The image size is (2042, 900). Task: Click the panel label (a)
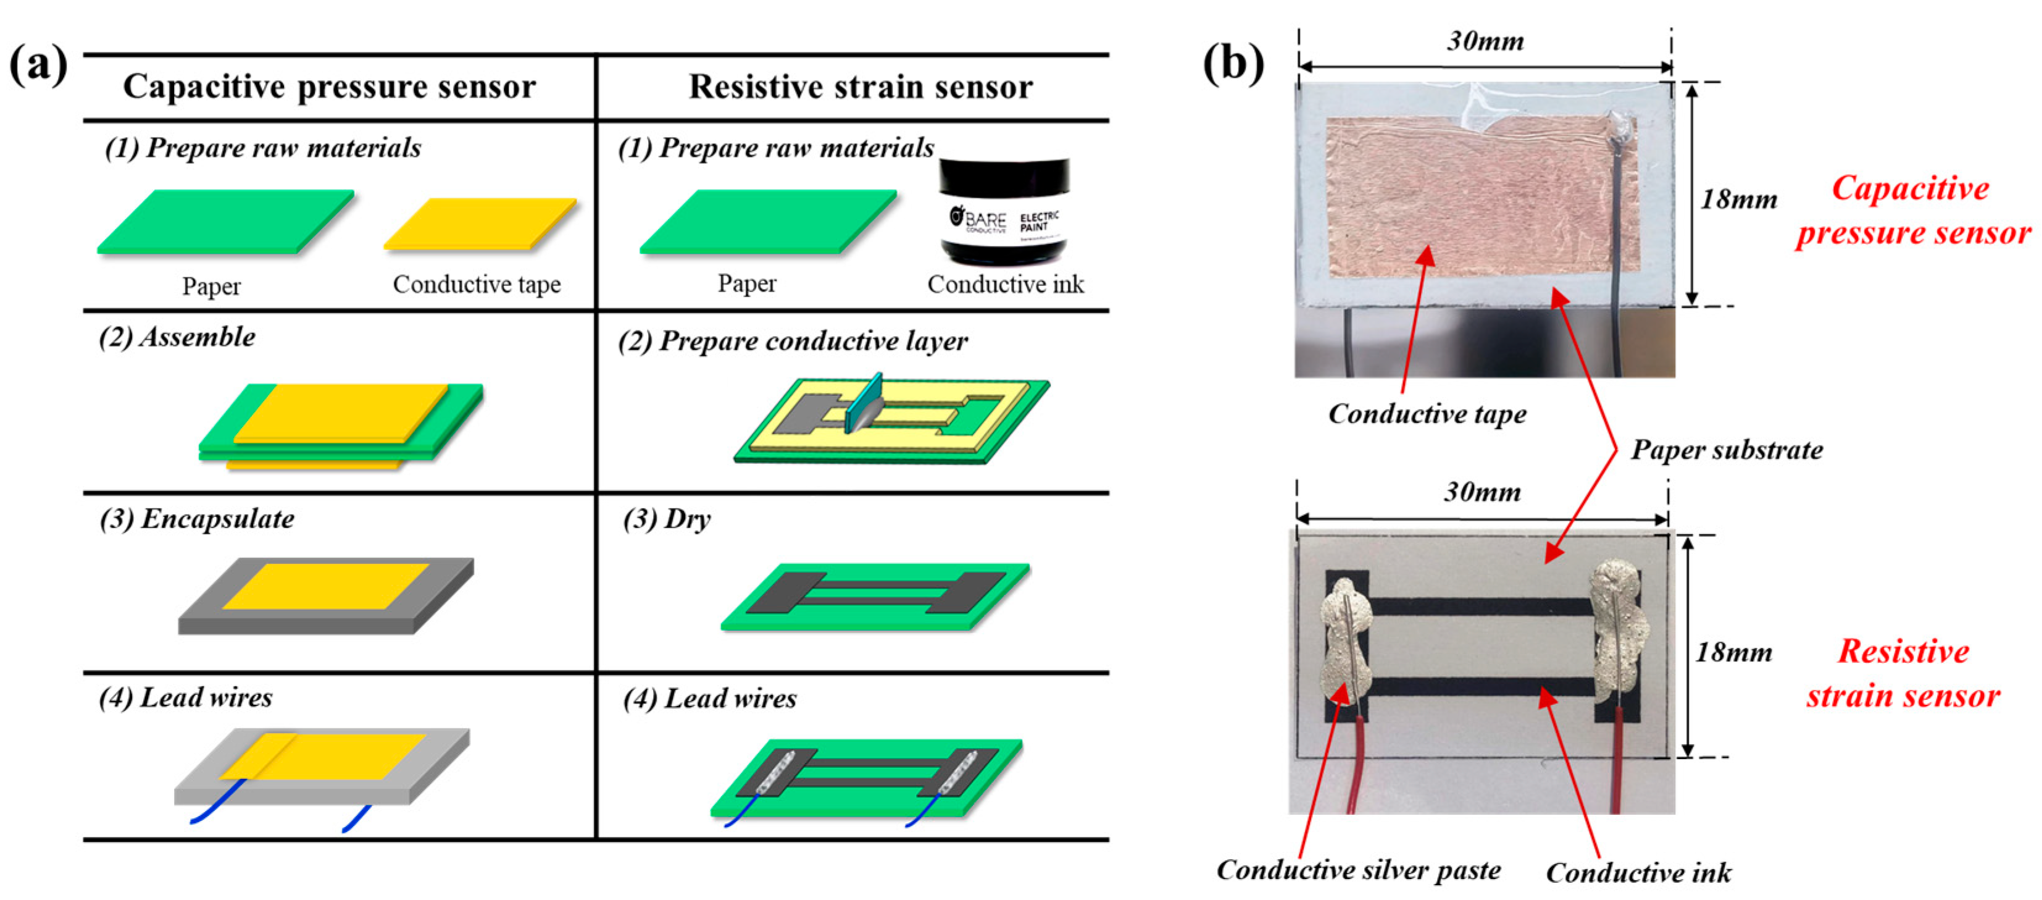(37, 64)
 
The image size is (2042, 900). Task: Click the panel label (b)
(1233, 64)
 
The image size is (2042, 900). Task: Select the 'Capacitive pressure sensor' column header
(329, 86)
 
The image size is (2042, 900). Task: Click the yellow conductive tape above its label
(480, 224)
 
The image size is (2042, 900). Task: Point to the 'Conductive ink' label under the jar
(1005, 284)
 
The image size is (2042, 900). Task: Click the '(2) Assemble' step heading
(177, 337)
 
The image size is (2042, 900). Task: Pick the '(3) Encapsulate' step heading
(196, 519)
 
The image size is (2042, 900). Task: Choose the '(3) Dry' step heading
(667, 519)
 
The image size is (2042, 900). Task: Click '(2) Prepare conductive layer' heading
(793, 341)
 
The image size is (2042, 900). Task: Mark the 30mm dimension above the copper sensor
(1485, 41)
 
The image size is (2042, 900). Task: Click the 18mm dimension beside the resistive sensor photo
(1733, 652)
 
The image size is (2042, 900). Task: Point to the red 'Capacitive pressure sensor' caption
(1911, 210)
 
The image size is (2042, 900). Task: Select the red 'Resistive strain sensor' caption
(1903, 673)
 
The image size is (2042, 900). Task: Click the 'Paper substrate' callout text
(1727, 450)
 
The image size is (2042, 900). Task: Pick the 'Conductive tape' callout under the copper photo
(1427, 413)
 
